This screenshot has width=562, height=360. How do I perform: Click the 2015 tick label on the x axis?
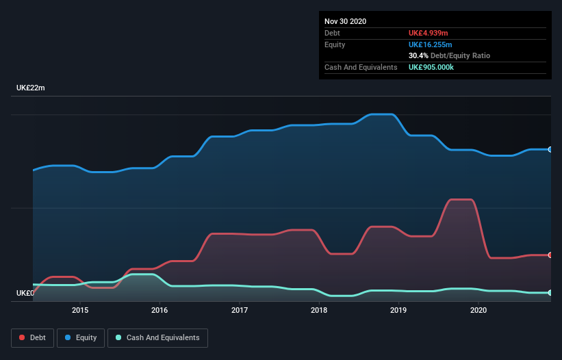tap(80, 310)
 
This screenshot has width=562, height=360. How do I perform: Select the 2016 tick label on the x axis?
tap(159, 310)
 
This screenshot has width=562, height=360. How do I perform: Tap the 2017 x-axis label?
tap(240, 310)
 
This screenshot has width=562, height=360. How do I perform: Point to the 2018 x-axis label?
tap(319, 310)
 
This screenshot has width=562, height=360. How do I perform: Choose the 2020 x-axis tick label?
tap(478, 310)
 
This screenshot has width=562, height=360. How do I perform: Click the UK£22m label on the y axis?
tap(30, 88)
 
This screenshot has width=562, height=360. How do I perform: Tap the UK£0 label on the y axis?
tap(25, 293)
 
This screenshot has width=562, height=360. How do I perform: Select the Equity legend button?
tap(81, 337)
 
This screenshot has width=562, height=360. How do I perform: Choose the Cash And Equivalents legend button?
tap(157, 337)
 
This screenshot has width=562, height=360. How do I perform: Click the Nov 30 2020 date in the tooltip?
tap(345, 21)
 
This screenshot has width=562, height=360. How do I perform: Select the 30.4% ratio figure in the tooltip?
tap(418, 55)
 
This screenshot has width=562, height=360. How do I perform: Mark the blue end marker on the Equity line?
tap(550, 149)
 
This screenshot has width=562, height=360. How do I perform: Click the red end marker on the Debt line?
tap(550, 255)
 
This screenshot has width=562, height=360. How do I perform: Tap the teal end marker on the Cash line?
tap(550, 292)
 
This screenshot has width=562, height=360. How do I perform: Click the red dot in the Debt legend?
tap(23, 337)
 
